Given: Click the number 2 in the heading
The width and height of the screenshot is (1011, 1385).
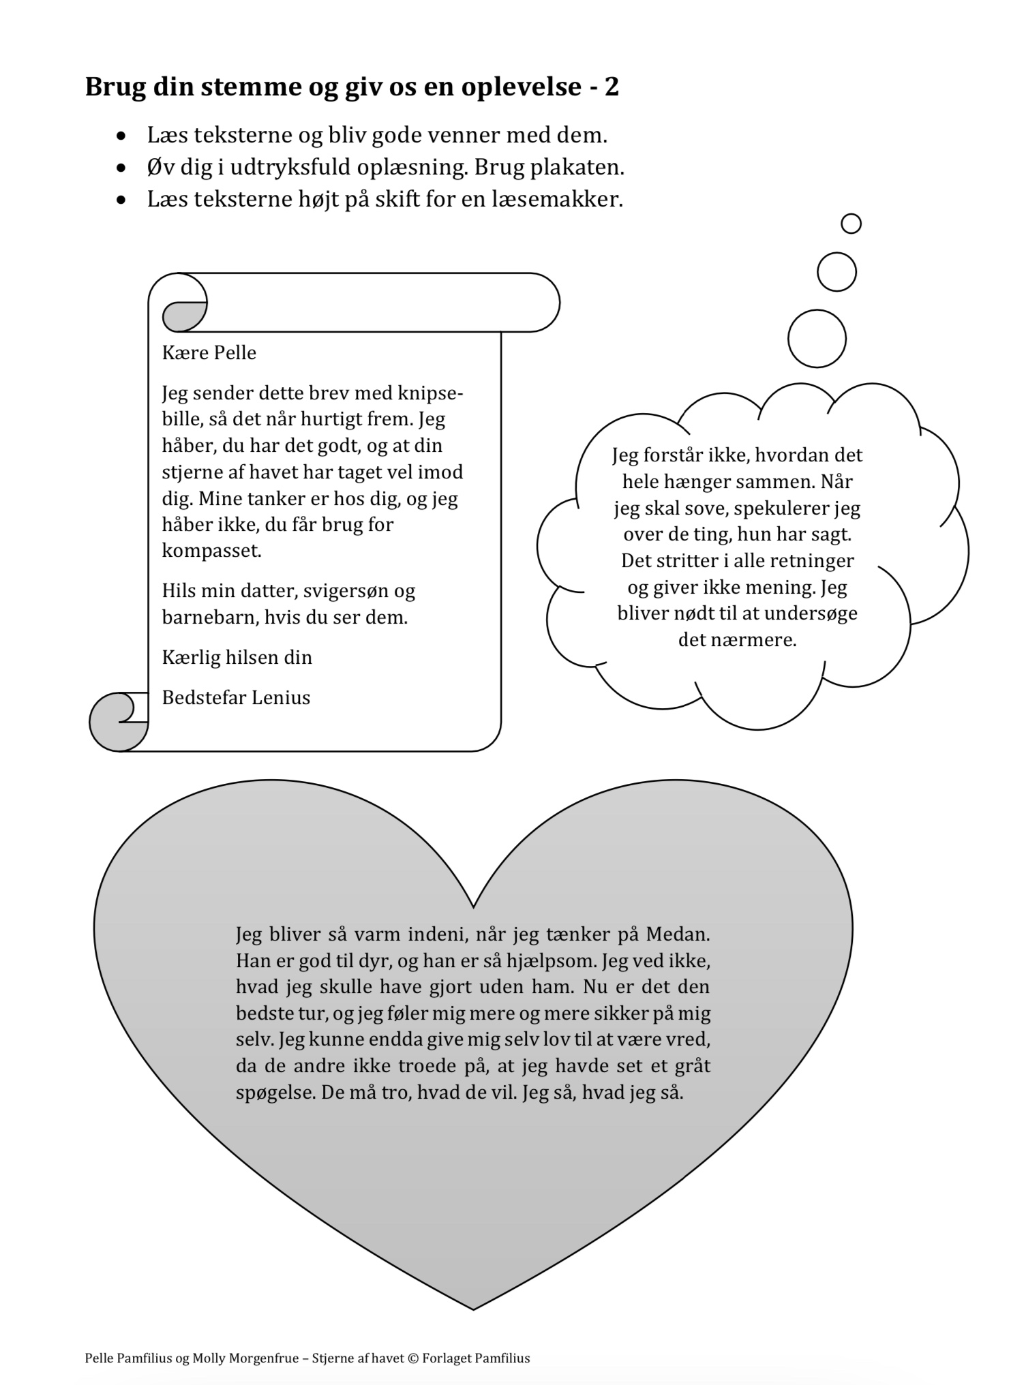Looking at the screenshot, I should click(612, 87).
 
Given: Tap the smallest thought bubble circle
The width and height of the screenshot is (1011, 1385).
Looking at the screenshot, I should click(851, 224).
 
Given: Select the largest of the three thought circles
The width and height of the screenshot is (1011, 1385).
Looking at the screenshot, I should click(817, 339).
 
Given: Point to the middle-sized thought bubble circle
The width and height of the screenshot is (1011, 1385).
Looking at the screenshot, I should click(836, 272).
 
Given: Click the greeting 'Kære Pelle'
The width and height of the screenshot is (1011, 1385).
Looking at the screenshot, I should click(209, 353).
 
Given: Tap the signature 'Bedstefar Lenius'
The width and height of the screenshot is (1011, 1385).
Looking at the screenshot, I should click(236, 698).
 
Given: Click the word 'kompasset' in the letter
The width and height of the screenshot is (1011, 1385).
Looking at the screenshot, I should click(211, 551).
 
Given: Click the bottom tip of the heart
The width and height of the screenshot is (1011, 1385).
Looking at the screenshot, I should click(473, 1308).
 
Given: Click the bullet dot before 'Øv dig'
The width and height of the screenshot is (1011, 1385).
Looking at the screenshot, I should click(121, 168).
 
